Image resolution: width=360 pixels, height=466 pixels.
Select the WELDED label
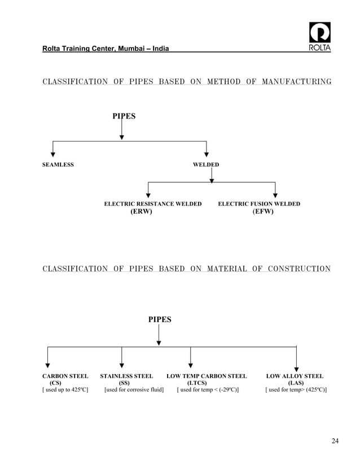(x=206, y=165)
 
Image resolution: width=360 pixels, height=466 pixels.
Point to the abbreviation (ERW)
(x=141, y=212)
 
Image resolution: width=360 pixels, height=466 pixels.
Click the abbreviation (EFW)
(x=263, y=212)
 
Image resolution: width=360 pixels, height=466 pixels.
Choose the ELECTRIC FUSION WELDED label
(x=259, y=204)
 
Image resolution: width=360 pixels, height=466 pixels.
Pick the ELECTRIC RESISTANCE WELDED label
(x=153, y=204)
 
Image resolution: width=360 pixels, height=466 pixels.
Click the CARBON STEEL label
(x=65, y=376)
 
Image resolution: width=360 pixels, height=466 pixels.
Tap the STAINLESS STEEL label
(x=126, y=376)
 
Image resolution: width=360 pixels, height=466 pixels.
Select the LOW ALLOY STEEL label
(x=295, y=376)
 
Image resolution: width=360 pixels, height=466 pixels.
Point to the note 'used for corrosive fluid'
(x=134, y=390)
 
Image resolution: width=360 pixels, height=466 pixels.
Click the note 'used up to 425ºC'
(x=65, y=390)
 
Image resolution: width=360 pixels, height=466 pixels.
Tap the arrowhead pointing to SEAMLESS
(x=53, y=152)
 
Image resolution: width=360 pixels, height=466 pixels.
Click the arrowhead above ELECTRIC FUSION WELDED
(x=275, y=195)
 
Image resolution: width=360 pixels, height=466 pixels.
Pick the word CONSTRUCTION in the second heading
(x=299, y=269)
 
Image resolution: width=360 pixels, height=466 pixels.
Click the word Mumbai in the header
(x=133, y=50)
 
